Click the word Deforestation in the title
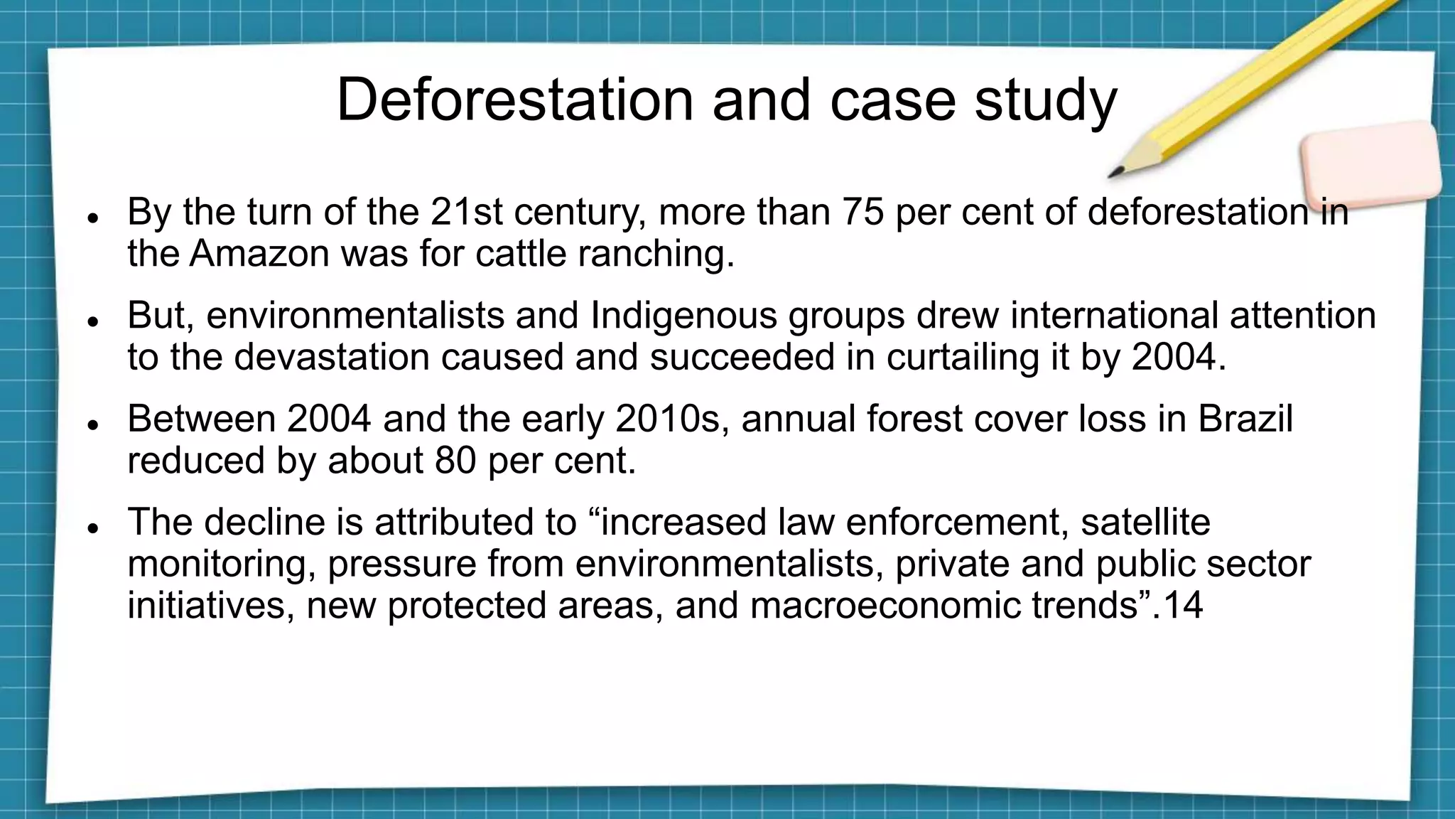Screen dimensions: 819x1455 pos(514,100)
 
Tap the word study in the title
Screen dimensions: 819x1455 pos(1046,101)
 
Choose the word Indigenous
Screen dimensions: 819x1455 pos(683,315)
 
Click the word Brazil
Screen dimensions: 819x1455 pos(1245,419)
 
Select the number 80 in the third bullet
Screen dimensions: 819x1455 pos(455,461)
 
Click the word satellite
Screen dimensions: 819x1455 pos(1145,522)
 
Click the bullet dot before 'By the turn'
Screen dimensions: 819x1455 pos(92,217)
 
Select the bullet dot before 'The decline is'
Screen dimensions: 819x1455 pos(92,528)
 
